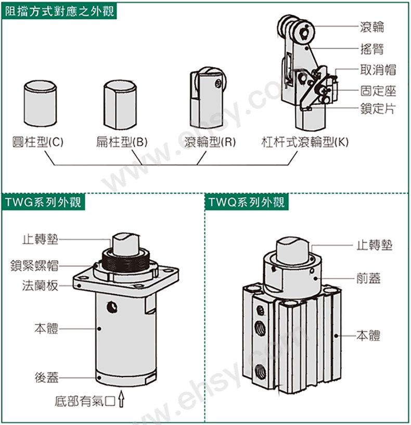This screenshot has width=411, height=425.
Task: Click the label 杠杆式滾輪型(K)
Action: (x=305, y=142)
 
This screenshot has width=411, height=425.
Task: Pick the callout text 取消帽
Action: (x=378, y=70)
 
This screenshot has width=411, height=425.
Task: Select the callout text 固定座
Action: (x=378, y=91)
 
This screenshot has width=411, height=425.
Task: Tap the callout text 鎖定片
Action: (x=378, y=109)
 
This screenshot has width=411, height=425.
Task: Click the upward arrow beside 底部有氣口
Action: (x=122, y=400)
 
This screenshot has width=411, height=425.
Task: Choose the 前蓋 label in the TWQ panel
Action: (x=368, y=279)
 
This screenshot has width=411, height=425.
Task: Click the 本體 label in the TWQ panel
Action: (x=368, y=335)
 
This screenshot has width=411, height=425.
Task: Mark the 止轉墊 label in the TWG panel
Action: (x=40, y=240)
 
